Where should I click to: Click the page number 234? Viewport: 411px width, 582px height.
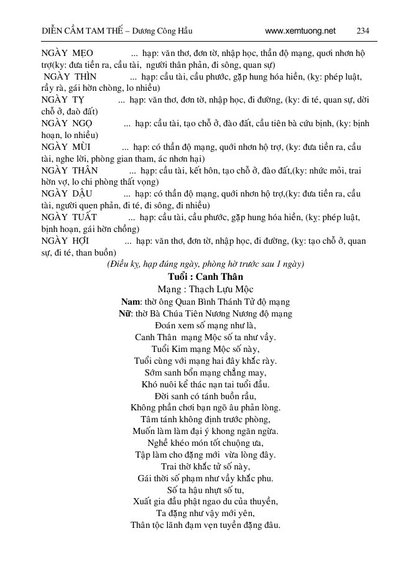363,30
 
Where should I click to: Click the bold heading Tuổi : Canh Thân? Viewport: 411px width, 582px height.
205,276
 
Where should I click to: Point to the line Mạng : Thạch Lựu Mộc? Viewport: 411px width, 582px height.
205,289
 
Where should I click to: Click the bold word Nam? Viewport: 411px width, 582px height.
131,302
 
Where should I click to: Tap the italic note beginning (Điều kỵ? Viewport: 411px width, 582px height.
205,264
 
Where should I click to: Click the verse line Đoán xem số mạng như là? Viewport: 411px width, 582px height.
205,325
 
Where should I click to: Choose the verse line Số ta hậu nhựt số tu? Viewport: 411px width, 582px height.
205,490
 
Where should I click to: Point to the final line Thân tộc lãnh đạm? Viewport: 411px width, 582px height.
205,525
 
